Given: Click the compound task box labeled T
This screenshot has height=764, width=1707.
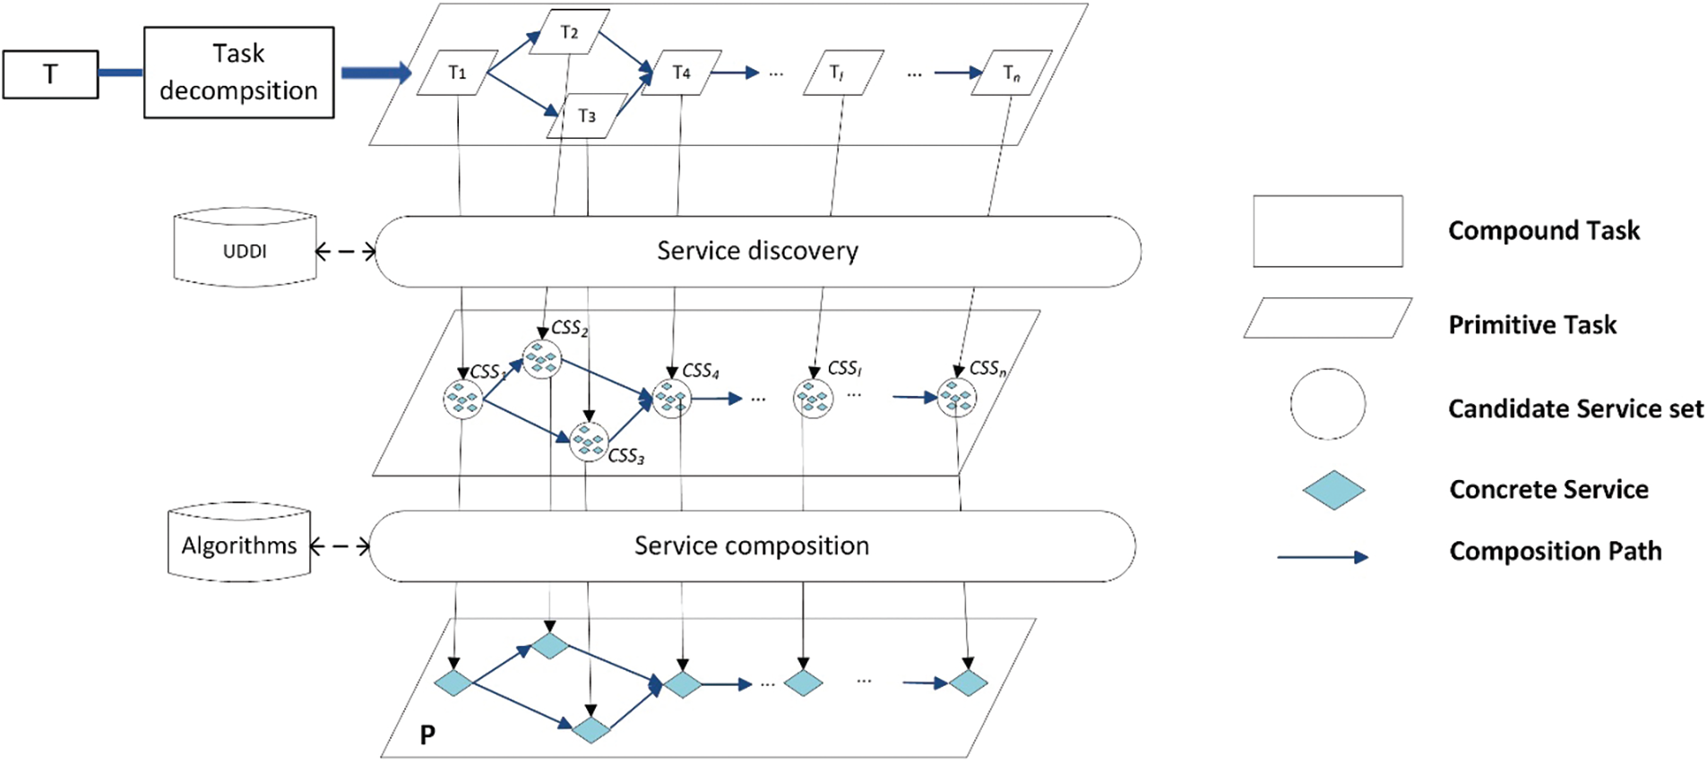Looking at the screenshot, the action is coord(50,73).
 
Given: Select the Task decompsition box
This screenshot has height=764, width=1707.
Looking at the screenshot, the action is coord(239,72).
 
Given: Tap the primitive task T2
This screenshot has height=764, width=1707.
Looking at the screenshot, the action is coord(569,32).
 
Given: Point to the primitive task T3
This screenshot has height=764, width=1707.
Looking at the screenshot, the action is coord(587,116).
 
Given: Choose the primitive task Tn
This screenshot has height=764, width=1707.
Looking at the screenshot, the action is coord(1012,73).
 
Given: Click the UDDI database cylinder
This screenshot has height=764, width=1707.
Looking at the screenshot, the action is coord(245,248).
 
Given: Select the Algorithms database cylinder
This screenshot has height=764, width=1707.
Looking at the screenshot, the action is coord(239,543).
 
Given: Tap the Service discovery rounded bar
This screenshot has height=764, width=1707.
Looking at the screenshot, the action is coord(758,252).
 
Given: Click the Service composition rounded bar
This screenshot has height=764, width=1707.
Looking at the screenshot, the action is coord(753,546).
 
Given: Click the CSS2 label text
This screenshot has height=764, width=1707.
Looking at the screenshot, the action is coord(570,329).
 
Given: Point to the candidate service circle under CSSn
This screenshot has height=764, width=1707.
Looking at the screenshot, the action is coord(957,398).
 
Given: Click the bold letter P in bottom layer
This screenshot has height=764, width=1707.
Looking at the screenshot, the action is coord(427,735).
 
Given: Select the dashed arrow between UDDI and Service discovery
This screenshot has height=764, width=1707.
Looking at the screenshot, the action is coord(346,252).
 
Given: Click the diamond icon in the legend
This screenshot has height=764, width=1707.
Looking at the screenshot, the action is coord(1333,490).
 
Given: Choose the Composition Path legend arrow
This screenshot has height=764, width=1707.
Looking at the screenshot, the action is coord(1323,557).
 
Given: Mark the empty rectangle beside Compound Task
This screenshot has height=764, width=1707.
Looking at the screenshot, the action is coord(1328,231).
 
